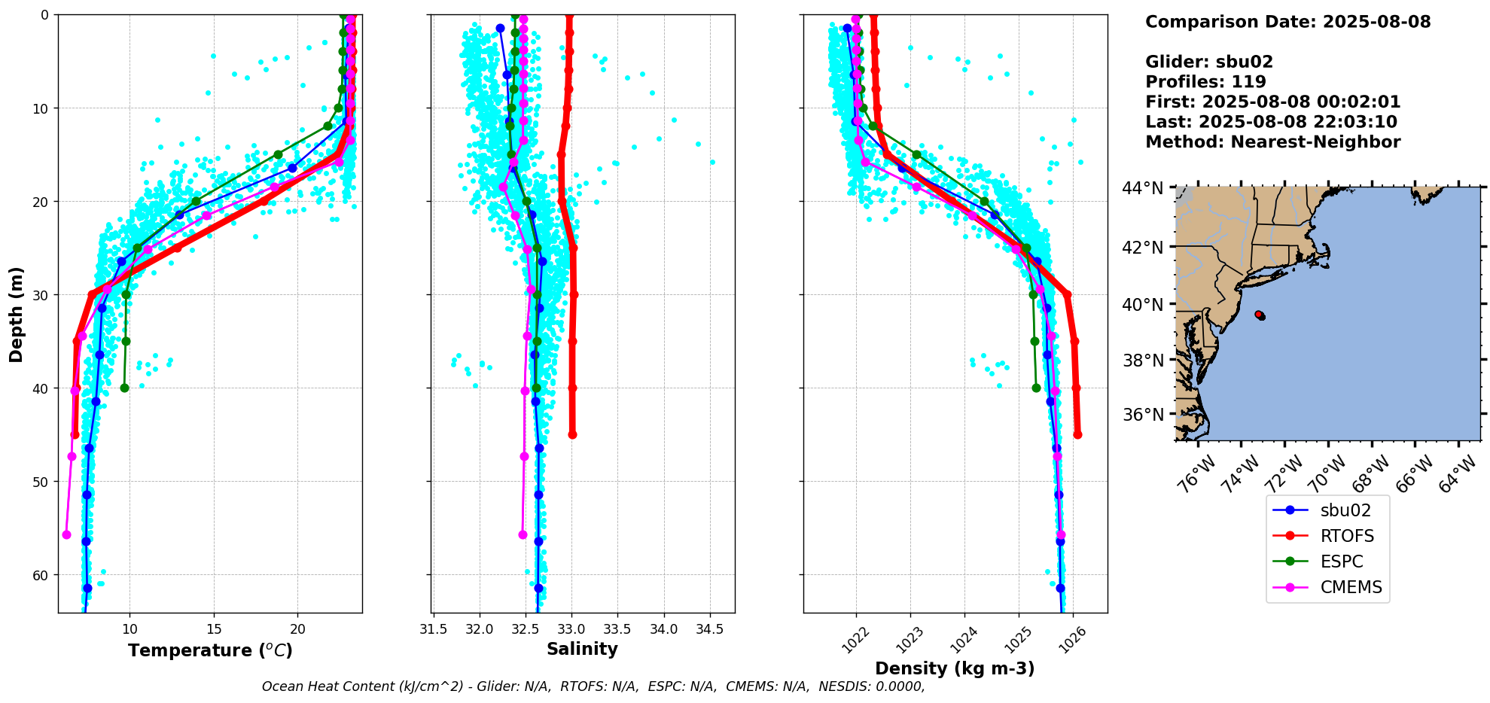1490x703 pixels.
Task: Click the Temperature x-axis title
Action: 210,650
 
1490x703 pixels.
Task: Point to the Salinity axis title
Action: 582,649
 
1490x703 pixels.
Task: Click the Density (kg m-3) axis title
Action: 955,668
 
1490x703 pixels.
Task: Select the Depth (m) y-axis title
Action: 16,314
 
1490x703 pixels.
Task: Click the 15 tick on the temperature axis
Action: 214,629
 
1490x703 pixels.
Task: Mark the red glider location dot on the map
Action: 1260,315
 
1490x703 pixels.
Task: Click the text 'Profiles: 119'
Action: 1205,82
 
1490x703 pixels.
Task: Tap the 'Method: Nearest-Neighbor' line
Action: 1272,142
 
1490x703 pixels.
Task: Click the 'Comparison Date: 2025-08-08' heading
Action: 1287,22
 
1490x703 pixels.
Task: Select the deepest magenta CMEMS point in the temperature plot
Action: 66,534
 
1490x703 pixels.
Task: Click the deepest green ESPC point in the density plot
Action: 1036,388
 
